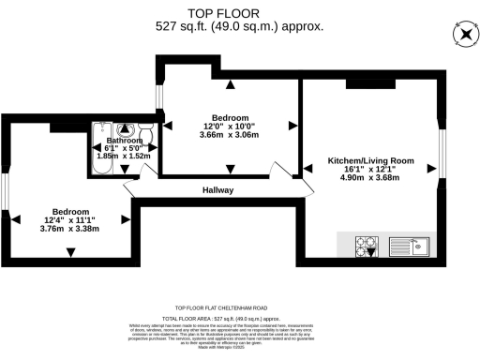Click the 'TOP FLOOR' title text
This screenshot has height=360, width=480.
[239, 13]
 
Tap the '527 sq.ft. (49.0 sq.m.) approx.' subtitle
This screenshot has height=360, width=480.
[239, 27]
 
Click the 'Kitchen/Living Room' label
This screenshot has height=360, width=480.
[370, 161]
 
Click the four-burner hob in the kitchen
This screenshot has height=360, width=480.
[366, 247]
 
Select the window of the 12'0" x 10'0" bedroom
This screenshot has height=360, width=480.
[159, 97]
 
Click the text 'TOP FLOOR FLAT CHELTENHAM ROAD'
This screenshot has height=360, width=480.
[239, 307]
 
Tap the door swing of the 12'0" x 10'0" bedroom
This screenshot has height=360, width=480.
[280, 170]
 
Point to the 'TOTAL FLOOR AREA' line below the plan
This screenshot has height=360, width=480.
[239, 319]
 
